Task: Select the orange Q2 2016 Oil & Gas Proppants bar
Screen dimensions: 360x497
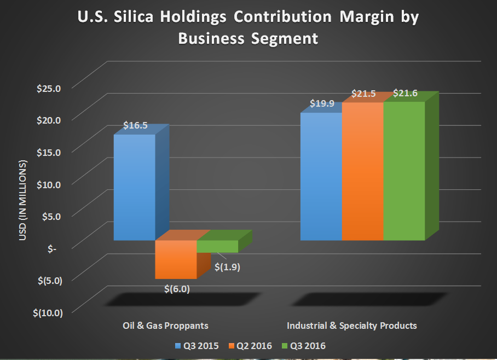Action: [176, 259]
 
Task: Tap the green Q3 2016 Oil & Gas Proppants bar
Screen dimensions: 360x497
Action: [217, 246]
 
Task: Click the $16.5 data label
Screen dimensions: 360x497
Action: [135, 125]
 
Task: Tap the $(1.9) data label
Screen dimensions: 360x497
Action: [227, 268]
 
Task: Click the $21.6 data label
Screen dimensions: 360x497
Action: [405, 93]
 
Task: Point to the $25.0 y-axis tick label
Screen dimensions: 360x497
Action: [48, 87]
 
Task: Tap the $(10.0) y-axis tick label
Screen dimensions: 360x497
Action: [48, 312]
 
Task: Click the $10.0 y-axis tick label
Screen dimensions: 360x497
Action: [48, 184]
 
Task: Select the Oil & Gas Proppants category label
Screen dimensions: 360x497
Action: [165, 326]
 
